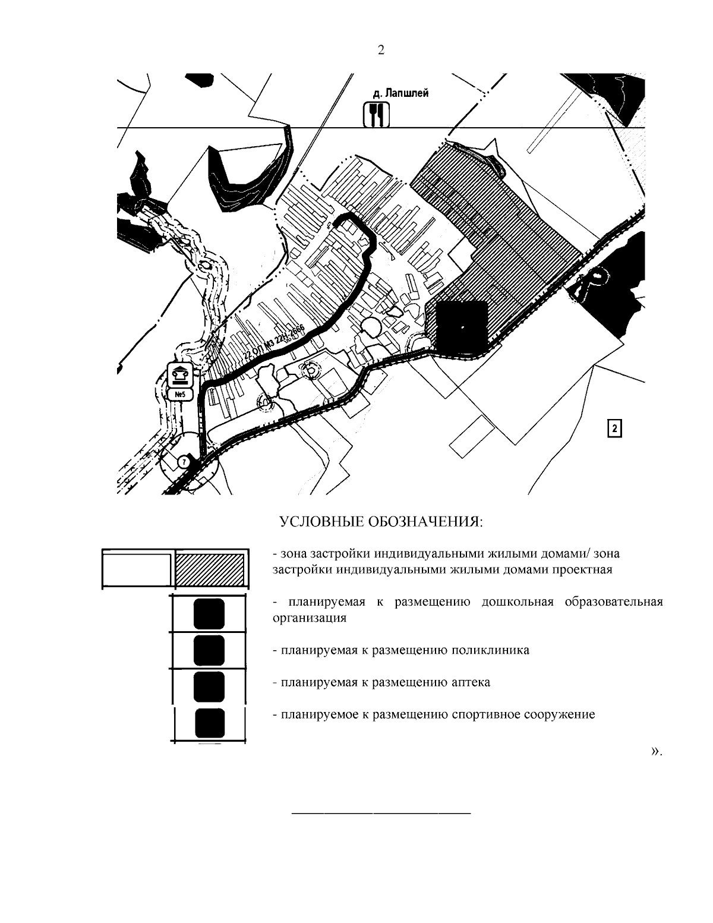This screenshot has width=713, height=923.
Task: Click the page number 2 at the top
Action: [x=381, y=51]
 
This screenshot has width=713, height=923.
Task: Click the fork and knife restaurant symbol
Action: [x=376, y=115]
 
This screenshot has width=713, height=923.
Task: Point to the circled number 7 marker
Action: [x=184, y=461]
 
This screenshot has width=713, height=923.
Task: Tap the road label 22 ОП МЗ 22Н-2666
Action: [x=273, y=343]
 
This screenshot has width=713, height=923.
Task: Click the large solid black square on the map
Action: [x=462, y=326]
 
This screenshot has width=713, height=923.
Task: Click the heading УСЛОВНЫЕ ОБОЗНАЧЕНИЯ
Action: [x=381, y=522]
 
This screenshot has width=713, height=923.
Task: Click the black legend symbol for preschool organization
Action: [x=209, y=614]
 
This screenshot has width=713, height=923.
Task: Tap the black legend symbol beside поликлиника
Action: [x=209, y=650]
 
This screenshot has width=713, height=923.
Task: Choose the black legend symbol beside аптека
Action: [x=209, y=686]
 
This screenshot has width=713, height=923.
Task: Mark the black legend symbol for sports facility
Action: [x=209, y=723]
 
